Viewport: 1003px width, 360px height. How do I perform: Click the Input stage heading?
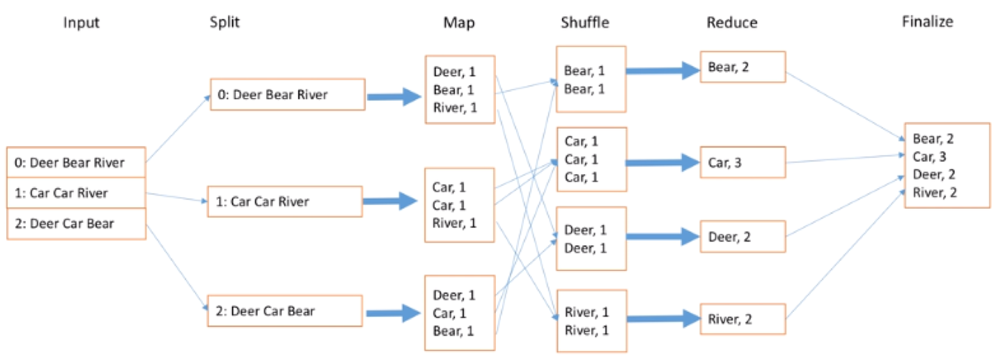tap(81, 23)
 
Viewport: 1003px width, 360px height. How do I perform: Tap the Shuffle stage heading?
tap(584, 23)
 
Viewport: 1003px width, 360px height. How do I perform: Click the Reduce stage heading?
tap(731, 23)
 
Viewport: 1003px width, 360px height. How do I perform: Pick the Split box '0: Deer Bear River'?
tap(288, 95)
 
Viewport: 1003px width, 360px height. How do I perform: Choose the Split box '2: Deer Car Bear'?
tap(285, 311)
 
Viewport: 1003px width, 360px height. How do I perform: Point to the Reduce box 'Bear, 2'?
tap(742, 67)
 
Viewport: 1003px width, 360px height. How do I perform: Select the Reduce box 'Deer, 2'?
tap(742, 237)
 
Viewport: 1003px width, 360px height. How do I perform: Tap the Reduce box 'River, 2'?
tap(742, 320)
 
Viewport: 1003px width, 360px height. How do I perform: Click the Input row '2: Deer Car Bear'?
tap(76, 224)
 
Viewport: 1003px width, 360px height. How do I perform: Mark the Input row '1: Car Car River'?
tap(76, 193)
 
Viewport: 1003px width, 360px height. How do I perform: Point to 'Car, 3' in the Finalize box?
tap(929, 157)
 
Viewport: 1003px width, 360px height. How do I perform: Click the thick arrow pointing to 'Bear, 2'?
tap(662, 70)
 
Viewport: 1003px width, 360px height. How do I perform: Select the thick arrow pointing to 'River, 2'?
tap(662, 320)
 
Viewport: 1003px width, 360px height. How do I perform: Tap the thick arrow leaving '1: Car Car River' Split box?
tap(391, 203)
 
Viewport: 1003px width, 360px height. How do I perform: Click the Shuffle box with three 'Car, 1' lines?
tap(591, 159)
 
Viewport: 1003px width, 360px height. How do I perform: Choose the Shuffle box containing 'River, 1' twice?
tap(591, 320)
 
